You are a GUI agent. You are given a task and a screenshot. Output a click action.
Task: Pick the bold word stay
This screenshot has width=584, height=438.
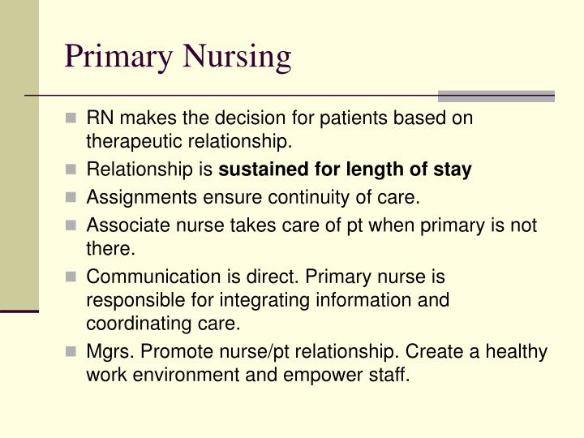coord(454,170)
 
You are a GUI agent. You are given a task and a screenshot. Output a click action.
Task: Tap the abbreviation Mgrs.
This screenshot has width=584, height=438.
coord(107,352)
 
